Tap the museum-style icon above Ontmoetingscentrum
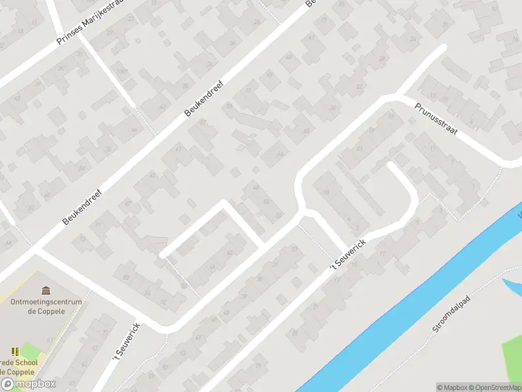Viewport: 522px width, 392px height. click(x=46, y=290)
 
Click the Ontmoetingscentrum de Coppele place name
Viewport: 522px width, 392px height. click(x=46, y=306)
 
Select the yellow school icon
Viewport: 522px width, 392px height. click(x=14, y=352)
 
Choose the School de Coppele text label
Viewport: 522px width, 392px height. click(x=20, y=367)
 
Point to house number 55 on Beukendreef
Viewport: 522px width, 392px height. click(x=229, y=105)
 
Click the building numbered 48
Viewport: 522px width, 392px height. click(x=256, y=188)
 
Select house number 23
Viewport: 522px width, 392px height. click(x=360, y=148)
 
